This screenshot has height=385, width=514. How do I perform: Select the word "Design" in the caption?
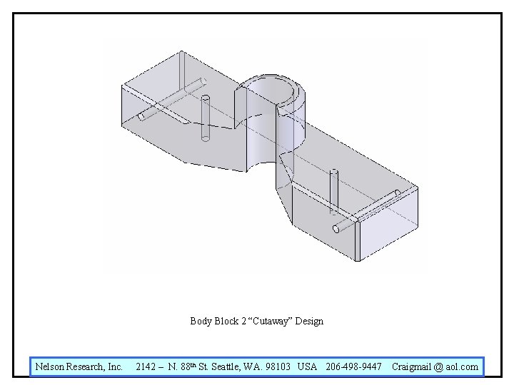point(310,321)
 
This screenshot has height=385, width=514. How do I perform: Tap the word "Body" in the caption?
point(201,321)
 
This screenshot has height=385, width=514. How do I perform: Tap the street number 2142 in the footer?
point(146,367)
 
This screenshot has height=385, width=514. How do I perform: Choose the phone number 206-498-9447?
point(353,367)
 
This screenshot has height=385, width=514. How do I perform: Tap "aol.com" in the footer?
point(462,367)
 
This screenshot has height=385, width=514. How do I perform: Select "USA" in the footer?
point(307,367)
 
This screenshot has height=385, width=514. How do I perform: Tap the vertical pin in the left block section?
point(206,118)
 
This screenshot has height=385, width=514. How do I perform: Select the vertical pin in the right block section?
point(333,191)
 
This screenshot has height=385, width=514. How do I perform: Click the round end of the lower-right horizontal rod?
point(337,229)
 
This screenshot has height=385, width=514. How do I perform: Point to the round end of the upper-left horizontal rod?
point(142,116)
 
